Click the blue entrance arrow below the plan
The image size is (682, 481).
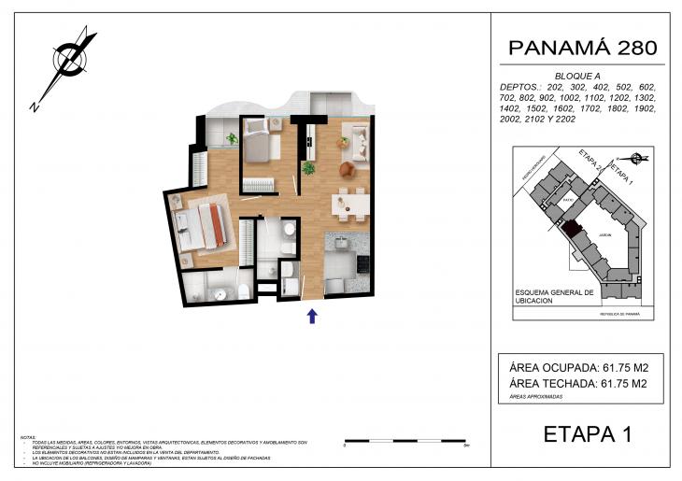[313, 316]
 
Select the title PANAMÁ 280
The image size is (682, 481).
[582, 49]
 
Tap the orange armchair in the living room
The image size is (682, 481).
[348, 169]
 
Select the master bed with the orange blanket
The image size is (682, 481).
[207, 225]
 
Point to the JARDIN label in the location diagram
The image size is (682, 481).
[604, 235]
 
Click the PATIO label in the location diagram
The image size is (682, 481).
[568, 199]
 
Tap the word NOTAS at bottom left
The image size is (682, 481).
[29, 437]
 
